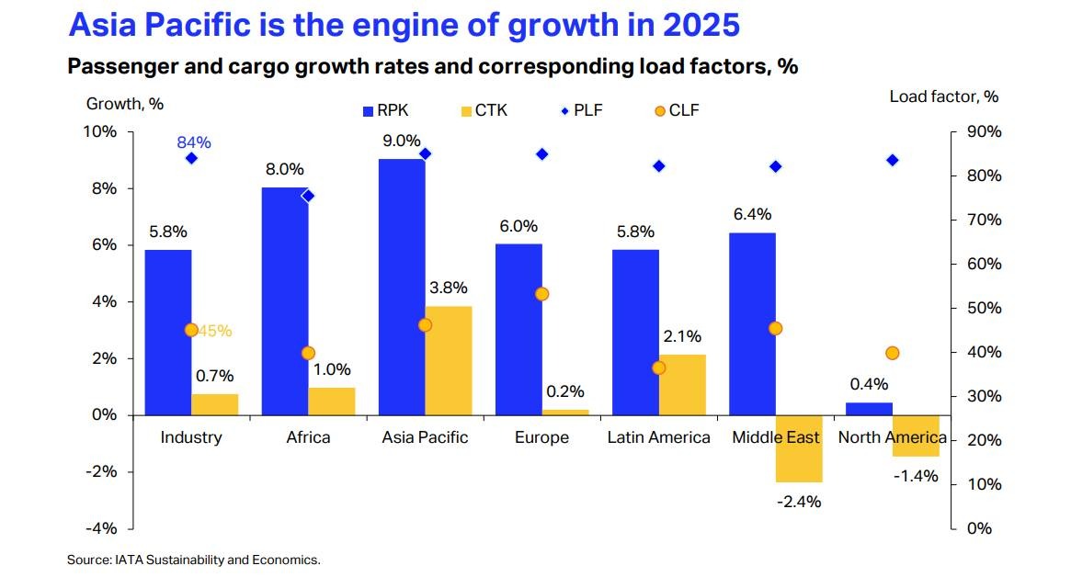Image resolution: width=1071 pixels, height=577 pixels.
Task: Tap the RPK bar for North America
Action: point(869,409)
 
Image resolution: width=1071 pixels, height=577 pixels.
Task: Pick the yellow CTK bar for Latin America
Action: point(682,384)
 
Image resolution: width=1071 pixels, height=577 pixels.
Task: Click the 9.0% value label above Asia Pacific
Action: point(402,141)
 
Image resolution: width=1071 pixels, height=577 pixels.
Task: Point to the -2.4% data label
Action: point(799,502)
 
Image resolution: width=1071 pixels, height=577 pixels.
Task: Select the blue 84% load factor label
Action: point(194,142)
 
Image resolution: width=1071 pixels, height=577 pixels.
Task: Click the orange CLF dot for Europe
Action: point(541,294)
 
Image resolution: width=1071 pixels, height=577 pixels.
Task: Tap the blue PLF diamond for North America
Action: point(892,160)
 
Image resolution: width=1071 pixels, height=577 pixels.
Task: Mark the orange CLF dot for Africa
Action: point(308,353)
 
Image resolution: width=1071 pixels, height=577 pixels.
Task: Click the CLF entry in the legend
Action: point(677,111)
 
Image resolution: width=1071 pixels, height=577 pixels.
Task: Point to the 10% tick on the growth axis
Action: point(101,131)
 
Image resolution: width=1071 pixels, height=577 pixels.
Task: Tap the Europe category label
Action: point(541,437)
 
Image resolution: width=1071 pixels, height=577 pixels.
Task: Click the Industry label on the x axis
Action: point(191,437)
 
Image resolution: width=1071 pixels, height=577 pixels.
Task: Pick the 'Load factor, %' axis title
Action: point(943,96)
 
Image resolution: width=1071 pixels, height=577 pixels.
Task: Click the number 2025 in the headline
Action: point(693,25)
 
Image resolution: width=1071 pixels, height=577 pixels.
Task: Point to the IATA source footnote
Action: point(193,559)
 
